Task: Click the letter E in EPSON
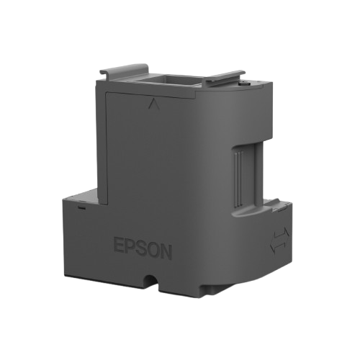(118, 246)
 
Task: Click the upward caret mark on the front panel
(154, 104)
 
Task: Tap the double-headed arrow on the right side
(279, 240)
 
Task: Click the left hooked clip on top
(125, 70)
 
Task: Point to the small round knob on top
(244, 84)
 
